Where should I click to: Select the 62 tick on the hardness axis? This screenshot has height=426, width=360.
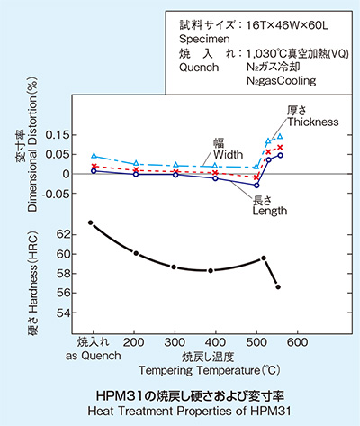[61, 233]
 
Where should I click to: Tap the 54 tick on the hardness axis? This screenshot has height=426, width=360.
[61, 313]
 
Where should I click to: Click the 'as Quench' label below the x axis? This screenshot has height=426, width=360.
[94, 355]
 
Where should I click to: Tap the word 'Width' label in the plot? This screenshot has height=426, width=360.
[225, 154]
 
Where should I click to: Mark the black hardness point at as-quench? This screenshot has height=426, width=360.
[92, 222]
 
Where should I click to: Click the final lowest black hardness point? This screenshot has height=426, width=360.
[278, 286]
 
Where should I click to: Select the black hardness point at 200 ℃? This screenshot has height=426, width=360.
[135, 253]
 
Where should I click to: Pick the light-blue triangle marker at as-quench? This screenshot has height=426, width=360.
[94, 156]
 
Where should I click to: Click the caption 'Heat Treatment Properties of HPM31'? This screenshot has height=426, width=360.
[179, 410]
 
